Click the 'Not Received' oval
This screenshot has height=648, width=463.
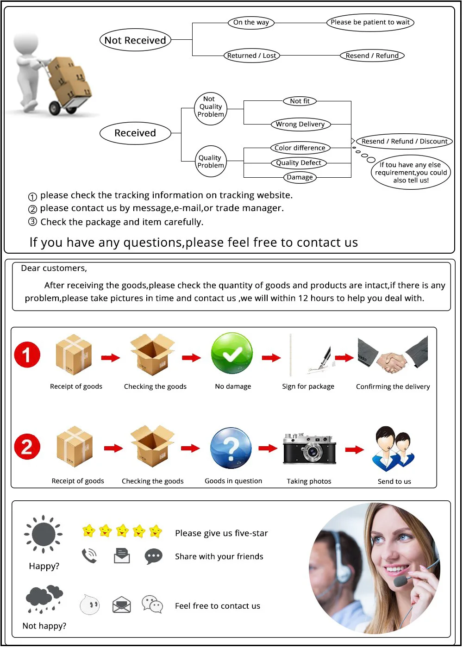click(x=135, y=40)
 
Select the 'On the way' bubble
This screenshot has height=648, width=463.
click(x=251, y=22)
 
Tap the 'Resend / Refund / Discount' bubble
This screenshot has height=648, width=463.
click(x=404, y=141)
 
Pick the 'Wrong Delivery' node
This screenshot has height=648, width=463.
click(x=300, y=124)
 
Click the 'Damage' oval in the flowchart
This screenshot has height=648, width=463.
click(x=300, y=177)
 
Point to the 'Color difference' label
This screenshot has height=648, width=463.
click(x=300, y=148)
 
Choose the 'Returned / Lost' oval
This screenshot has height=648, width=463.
click(x=251, y=56)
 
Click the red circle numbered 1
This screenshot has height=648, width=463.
click(x=27, y=355)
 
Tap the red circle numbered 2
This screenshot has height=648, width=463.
click(x=27, y=447)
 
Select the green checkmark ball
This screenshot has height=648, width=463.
click(x=232, y=354)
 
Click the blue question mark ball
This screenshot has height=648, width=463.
click(x=231, y=448)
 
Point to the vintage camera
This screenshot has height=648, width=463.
click(x=309, y=448)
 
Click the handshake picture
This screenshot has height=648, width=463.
click(x=393, y=355)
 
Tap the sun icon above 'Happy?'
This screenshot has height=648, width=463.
click(x=44, y=534)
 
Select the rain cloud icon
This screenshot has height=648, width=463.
click(x=44, y=599)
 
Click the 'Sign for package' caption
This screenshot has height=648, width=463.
click(x=308, y=386)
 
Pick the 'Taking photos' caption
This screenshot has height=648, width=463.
click(x=309, y=481)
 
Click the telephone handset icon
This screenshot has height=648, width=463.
click(x=89, y=555)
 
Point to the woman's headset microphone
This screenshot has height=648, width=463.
click(x=401, y=580)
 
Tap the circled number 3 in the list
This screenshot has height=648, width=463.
click(x=32, y=222)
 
